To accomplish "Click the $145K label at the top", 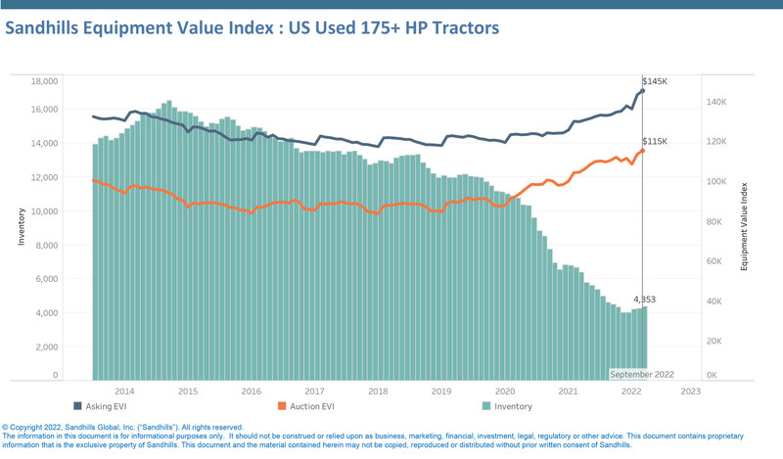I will coord(654,81).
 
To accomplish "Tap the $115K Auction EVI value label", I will coord(654,142).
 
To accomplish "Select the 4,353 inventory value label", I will coord(643,299).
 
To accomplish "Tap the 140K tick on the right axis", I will coord(715,102).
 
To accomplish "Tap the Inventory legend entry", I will coord(512,406).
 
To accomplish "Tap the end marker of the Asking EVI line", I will coord(642,91).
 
